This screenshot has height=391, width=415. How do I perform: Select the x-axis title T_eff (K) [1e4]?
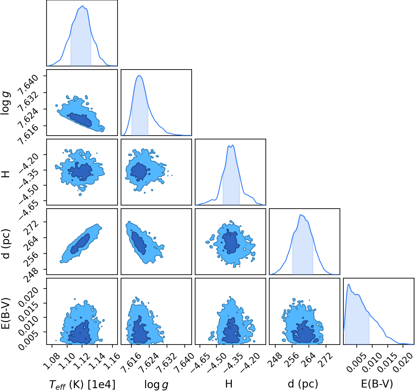[82, 384]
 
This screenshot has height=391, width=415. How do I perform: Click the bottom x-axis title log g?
[156, 384]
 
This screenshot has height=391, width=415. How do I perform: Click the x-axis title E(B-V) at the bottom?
[377, 384]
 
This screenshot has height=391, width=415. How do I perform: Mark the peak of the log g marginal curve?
[139, 75]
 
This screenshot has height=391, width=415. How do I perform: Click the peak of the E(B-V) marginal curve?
[348, 284]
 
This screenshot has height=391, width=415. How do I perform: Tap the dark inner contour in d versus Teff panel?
[80, 244]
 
